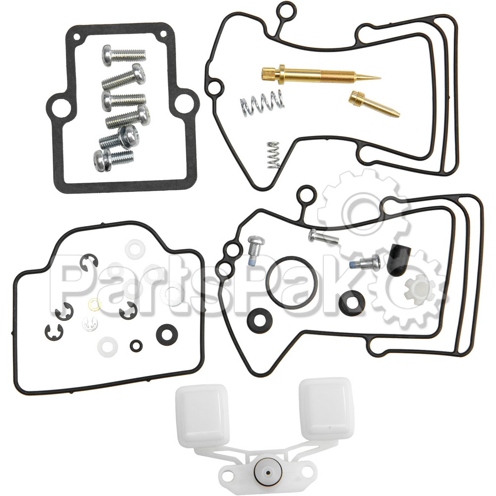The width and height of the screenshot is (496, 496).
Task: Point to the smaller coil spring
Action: [271, 154]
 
